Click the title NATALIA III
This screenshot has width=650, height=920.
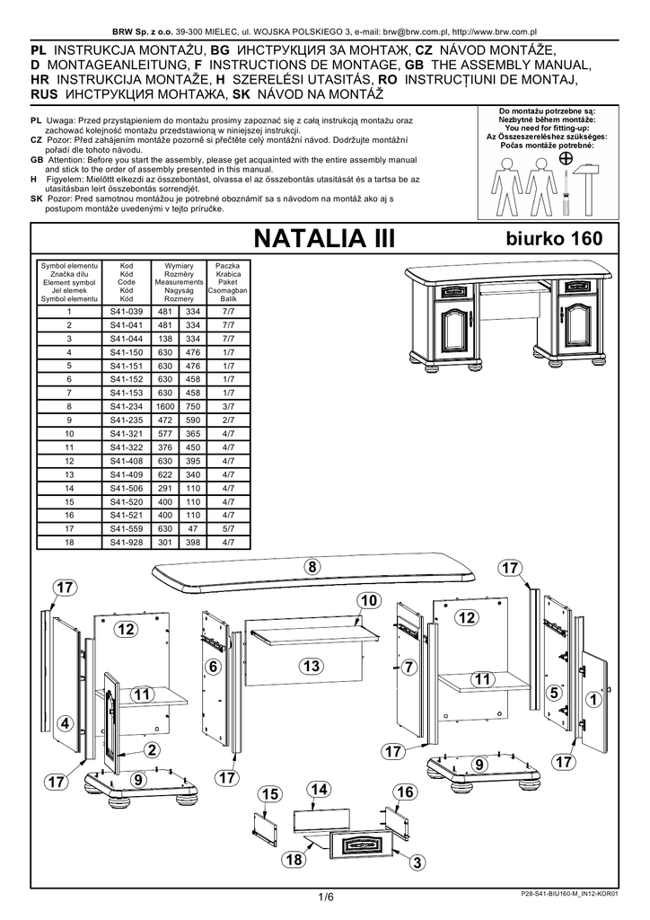coord(324,239)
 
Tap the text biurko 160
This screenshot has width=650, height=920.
coord(554,238)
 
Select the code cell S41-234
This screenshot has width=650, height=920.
coord(126,407)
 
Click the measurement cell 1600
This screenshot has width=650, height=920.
coord(165,407)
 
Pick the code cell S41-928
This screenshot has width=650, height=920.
coord(126,543)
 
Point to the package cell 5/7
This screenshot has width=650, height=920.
coord(228,529)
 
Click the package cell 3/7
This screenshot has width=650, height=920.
coord(228,407)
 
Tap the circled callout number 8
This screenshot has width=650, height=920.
coord(312,567)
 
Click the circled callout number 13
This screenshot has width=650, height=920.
coord(312,666)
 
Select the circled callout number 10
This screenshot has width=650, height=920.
coord(369,600)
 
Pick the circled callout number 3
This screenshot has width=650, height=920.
coord(417,862)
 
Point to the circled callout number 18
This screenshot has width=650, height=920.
coord(294,860)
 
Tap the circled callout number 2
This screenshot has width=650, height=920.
coord(152,749)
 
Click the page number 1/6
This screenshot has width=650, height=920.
coord(325,897)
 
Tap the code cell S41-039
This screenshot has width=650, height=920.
coord(126,312)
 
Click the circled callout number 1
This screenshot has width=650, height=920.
coord(593,699)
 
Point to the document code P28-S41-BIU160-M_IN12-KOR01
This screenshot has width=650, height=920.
coord(569,895)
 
